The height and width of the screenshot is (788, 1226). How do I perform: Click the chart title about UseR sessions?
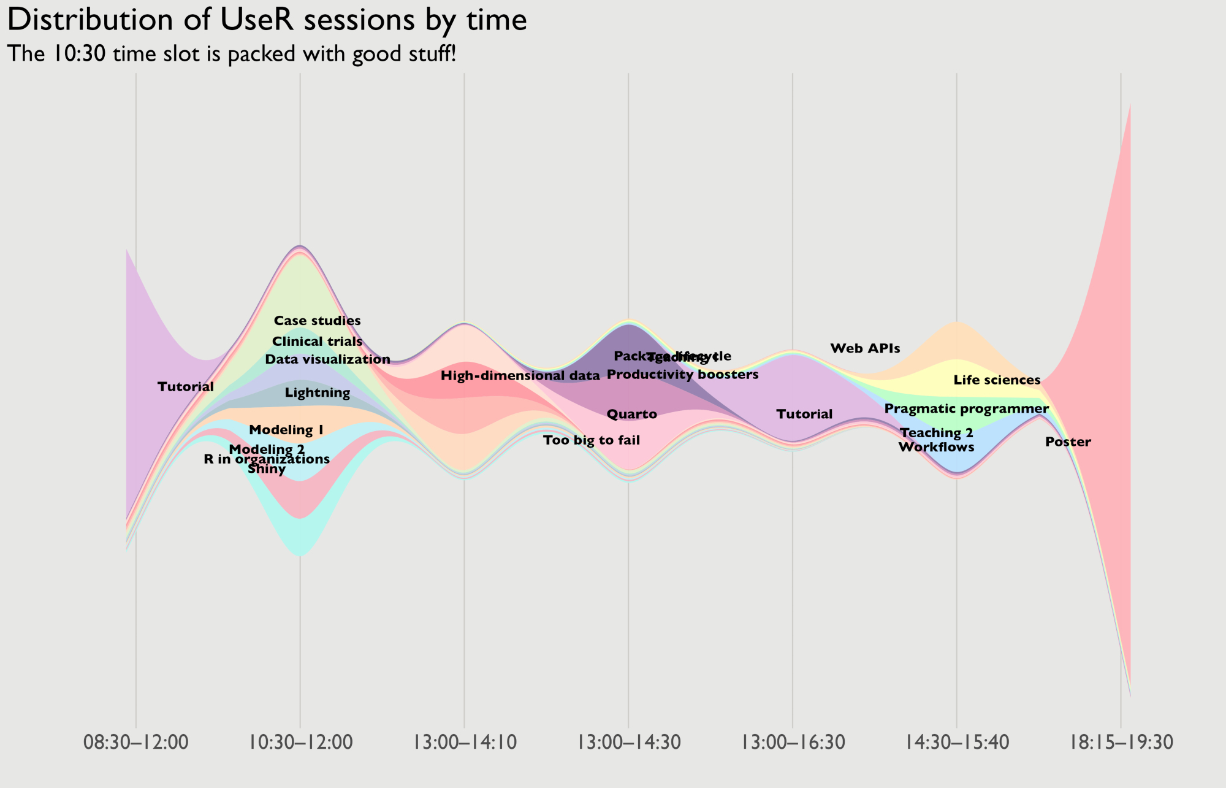267,20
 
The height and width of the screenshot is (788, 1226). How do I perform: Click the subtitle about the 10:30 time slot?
232,54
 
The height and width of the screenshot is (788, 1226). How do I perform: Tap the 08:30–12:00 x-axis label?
135,743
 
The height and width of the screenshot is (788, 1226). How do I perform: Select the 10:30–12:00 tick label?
300,743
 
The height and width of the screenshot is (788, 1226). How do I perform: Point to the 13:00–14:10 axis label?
464,743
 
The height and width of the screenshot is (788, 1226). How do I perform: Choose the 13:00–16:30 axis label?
793,743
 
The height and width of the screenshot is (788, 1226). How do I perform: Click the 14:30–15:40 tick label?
957,743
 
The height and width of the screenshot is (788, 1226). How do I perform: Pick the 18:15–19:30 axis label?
1121,743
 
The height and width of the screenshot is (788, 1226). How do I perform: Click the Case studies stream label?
317,321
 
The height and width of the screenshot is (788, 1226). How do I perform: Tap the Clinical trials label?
317,342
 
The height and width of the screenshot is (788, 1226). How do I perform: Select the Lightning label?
318,393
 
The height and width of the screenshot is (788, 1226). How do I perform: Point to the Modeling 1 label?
286,430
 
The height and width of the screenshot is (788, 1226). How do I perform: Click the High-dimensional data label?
520,376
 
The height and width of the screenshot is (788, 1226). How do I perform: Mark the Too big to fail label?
592,440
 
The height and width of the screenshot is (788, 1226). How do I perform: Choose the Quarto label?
632,415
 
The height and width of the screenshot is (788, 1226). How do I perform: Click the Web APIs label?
865,349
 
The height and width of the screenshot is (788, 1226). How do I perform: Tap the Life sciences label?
997,381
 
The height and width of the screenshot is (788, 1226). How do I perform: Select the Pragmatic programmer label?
966,409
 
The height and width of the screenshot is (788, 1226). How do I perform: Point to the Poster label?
1068,442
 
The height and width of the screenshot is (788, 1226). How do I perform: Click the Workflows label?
936,447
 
